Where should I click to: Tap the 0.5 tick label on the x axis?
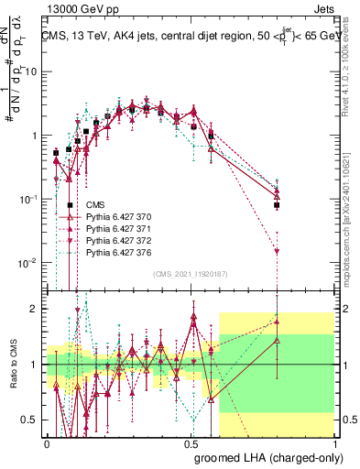tap(191, 442)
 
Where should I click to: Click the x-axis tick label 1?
tap(336, 442)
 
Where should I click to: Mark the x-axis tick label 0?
tap(47, 442)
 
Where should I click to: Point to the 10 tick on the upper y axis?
tap(34, 71)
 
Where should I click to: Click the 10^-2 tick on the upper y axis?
tap(30, 263)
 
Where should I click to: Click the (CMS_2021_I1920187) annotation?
tap(192, 273)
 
